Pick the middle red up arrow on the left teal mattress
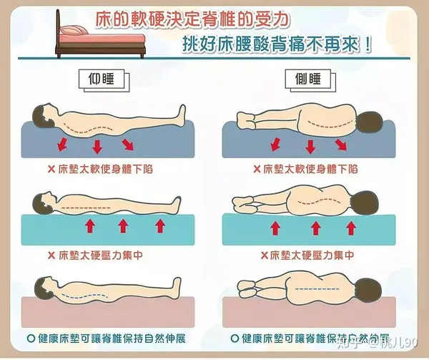click(x=122, y=226)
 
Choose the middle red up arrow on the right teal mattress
click(x=312, y=228)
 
